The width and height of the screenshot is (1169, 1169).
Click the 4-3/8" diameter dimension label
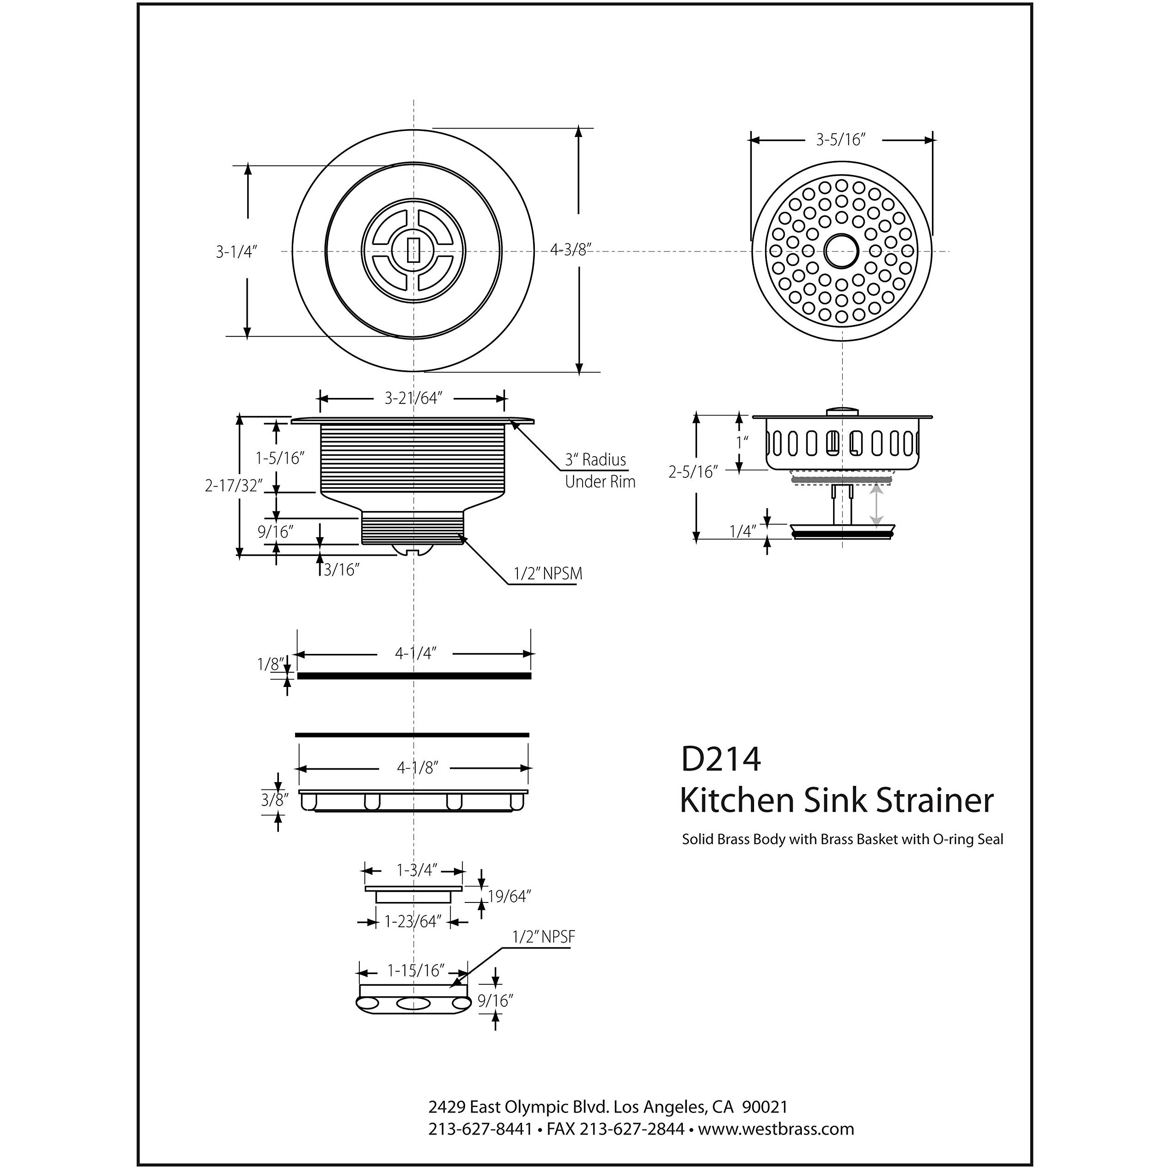[x=570, y=250]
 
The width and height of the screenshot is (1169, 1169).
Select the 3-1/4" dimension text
[x=237, y=252]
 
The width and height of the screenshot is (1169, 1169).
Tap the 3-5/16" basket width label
[x=840, y=140]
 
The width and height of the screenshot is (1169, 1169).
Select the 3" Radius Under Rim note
[x=599, y=471]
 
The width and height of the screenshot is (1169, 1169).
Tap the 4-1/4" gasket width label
[x=416, y=654]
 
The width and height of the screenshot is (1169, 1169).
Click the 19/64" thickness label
[x=509, y=897]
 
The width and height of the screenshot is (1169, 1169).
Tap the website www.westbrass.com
[x=776, y=1129]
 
